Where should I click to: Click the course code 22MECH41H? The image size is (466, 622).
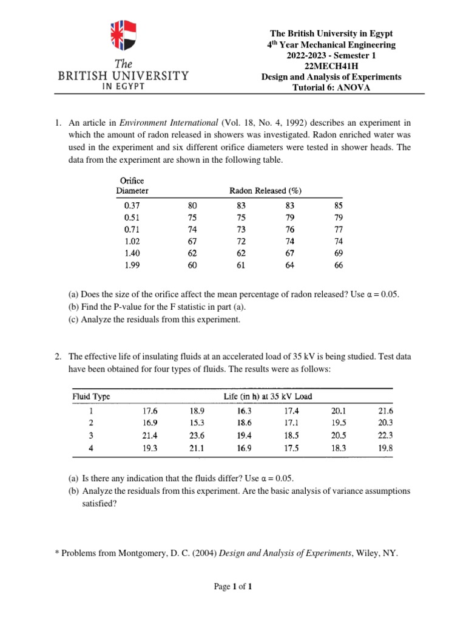coord(331,66)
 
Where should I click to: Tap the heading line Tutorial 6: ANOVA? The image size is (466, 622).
coord(331,88)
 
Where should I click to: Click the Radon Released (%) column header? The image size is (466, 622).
coord(265,190)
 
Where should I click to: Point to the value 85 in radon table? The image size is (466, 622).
coord(338,205)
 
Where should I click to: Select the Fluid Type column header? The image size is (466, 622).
coord(92,397)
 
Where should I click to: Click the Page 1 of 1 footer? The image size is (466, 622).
coord(233,587)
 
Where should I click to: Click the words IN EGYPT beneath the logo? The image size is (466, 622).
coord(123,86)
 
